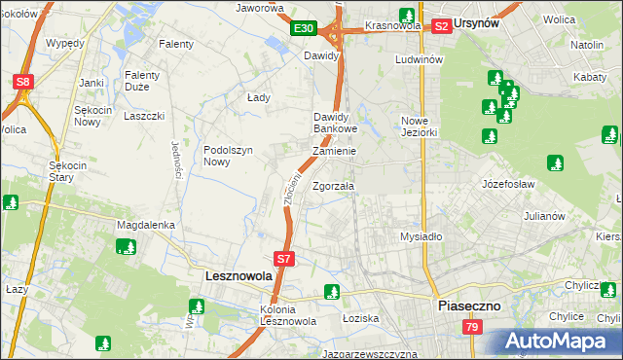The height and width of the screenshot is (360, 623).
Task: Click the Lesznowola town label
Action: (238, 276)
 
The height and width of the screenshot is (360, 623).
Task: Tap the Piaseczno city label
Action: (468, 305)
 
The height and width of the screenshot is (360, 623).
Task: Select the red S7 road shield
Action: (283, 259)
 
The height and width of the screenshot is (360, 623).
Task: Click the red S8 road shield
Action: (24, 83)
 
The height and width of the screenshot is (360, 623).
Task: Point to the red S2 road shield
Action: (441, 26)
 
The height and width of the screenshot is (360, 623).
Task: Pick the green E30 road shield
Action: (302, 29)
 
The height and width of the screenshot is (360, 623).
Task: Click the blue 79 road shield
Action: (471, 329)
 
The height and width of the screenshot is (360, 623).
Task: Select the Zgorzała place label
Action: (334, 186)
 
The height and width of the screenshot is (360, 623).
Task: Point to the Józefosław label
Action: (509, 183)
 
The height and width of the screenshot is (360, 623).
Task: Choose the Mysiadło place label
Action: (421, 236)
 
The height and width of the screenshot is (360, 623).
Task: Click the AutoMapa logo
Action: (557, 341)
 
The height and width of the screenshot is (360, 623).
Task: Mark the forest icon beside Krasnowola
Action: (407, 16)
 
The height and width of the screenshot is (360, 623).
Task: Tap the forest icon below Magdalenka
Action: (126, 246)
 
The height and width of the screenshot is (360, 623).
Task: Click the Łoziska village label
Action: (360, 318)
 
